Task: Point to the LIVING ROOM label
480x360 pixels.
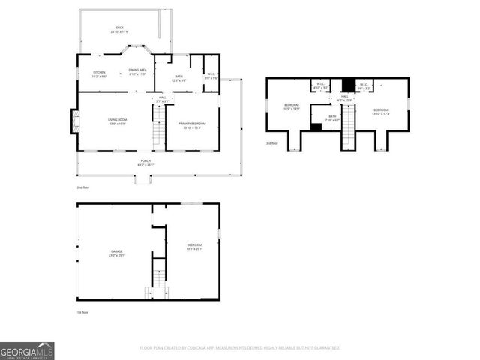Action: [x=117, y=121]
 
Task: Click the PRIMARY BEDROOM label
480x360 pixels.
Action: [x=193, y=124]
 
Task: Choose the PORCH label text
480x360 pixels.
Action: [x=145, y=163]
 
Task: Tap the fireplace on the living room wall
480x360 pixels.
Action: [x=75, y=121]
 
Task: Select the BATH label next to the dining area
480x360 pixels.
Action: [x=179, y=77]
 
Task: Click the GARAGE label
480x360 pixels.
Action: [x=117, y=253]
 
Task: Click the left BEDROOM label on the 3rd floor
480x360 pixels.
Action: [x=292, y=106]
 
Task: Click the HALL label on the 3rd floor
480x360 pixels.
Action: [x=345, y=97]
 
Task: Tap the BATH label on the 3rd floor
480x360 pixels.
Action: [x=333, y=118]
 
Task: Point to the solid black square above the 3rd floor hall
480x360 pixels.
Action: [x=347, y=85]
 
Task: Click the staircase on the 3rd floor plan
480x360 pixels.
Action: [x=348, y=135]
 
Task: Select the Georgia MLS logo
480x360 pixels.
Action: [x=27, y=351]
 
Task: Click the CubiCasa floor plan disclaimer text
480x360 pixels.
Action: [x=240, y=348]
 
